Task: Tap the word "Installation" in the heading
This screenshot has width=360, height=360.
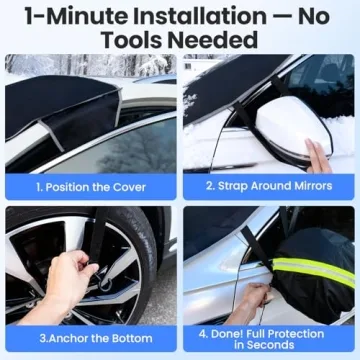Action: point(190,18)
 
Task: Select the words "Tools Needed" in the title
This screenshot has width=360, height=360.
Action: point(180,41)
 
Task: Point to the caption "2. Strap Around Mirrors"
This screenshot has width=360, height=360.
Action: point(268,187)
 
